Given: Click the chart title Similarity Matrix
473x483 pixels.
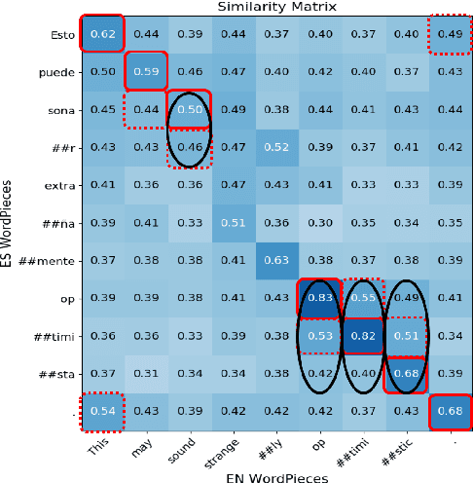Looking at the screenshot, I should [x=276, y=7].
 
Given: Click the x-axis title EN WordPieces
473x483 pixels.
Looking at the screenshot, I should [x=276, y=476].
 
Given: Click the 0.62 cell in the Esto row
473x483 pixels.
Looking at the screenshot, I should [x=101, y=33].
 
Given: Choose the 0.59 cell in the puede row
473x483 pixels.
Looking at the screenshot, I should [x=146, y=70].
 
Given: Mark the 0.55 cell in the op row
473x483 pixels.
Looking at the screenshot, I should [x=363, y=295].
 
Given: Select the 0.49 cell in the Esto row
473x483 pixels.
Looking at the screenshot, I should [x=449, y=33].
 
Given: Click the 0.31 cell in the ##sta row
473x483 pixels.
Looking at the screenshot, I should [x=146, y=372].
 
